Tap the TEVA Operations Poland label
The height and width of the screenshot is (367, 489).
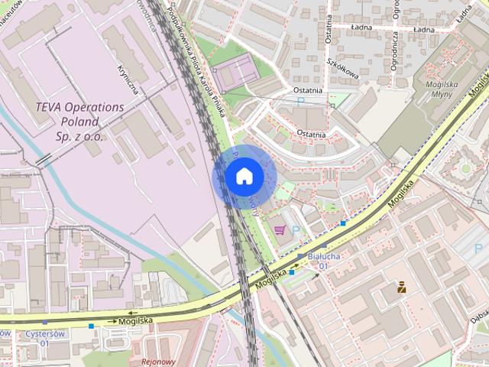point(79,122)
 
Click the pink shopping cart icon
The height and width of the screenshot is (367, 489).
point(279,229)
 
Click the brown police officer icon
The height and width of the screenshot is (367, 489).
point(400,288)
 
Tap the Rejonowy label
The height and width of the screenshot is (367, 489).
point(158,362)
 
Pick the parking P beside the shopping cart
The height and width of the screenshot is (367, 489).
point(296,230)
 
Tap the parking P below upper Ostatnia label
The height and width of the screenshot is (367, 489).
point(300,101)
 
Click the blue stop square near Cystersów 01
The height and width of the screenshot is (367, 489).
point(92,326)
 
